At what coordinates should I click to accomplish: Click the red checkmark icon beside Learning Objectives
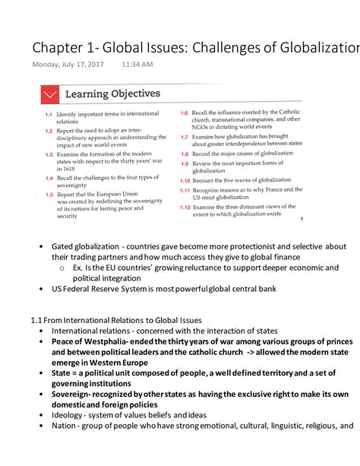51,94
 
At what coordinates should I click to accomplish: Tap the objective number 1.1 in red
47,114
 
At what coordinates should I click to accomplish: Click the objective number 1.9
185,163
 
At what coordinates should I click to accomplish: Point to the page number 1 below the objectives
301,220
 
